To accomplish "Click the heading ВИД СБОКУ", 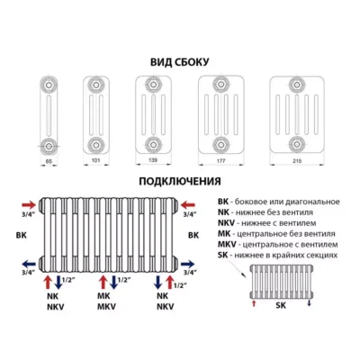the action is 180,62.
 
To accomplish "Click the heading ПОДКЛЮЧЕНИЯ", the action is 180,181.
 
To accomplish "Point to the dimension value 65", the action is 49,161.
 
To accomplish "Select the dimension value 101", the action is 95,160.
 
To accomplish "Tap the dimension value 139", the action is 153,160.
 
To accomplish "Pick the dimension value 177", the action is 220,161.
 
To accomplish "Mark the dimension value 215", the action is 297,161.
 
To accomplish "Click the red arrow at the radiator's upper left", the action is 29,205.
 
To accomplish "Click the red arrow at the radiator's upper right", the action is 188,205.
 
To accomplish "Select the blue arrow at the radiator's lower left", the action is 29,265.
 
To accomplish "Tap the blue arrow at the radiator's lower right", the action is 187,265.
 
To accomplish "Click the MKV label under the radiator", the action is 106,307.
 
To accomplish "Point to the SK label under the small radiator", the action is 281,305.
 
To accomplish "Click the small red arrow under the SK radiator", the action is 254,303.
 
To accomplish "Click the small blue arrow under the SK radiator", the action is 310,303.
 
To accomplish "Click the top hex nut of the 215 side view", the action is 297,85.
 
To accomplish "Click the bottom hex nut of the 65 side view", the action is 49,146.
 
